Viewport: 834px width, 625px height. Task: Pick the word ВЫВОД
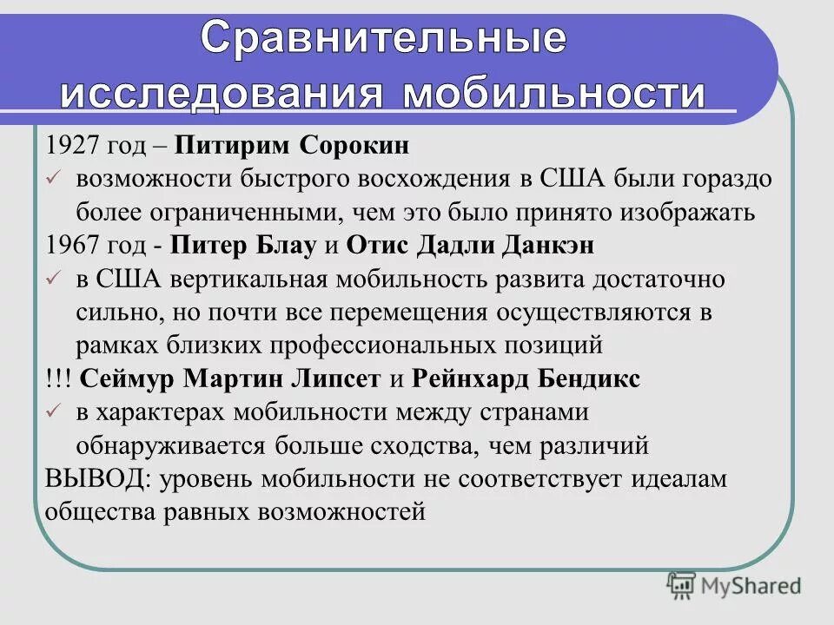click(x=85, y=479)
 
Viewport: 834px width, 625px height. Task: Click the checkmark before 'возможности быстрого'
click(x=51, y=179)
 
